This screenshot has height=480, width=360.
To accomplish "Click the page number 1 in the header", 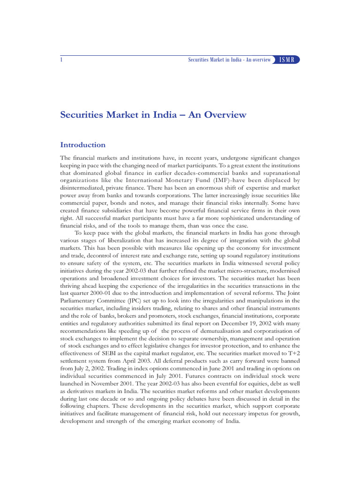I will click(62, 60).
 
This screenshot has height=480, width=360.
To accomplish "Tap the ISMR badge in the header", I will click(287, 60).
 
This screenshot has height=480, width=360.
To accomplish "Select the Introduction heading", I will click(83, 145).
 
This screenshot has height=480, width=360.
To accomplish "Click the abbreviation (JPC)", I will click(141, 301).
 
